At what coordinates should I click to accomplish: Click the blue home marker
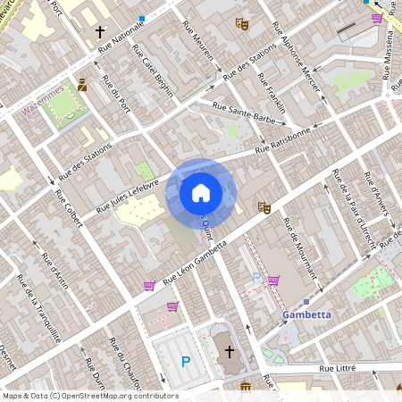pyautogui.click(x=201, y=192)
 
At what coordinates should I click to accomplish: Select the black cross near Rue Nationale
pyautogui.click(x=100, y=31)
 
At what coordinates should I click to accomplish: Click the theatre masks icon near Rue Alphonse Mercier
pyautogui.click(x=240, y=24)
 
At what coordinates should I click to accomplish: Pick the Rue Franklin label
pyautogui.click(x=272, y=89)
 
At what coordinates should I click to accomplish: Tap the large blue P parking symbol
pyautogui.click(x=186, y=361)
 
